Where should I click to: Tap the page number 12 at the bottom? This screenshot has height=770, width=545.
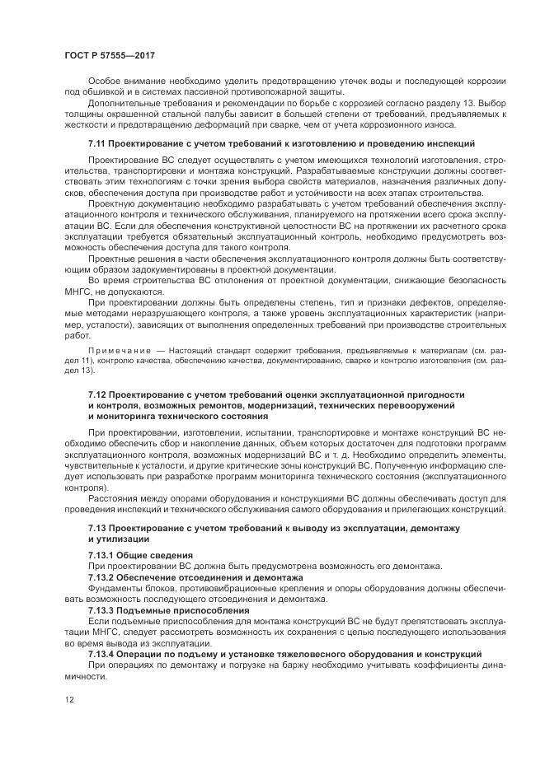click(x=68, y=723)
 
